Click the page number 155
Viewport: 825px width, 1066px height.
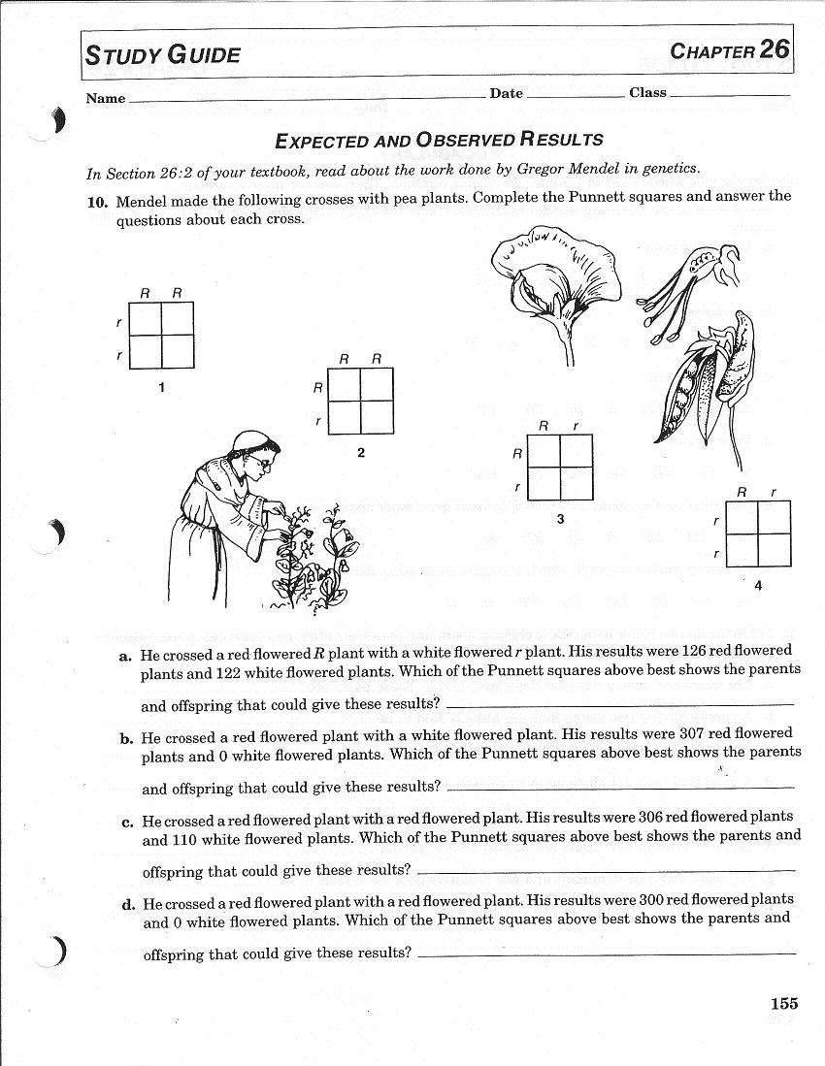[784, 1004]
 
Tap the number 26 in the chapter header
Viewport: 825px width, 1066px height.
[775, 49]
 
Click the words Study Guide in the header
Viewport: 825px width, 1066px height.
[162, 54]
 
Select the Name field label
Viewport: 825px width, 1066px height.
[106, 98]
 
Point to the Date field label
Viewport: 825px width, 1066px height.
[506, 94]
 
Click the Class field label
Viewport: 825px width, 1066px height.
[647, 93]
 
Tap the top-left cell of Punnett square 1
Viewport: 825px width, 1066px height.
[146, 318]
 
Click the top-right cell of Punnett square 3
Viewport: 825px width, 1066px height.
[576, 450]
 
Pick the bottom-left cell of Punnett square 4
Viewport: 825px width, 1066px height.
[742, 551]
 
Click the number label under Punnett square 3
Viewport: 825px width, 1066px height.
[560, 520]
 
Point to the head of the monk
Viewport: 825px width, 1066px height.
[255, 456]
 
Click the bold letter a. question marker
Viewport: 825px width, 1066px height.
[125, 656]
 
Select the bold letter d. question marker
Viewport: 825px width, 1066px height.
[127, 905]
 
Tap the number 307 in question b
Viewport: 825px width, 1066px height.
[650, 733]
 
